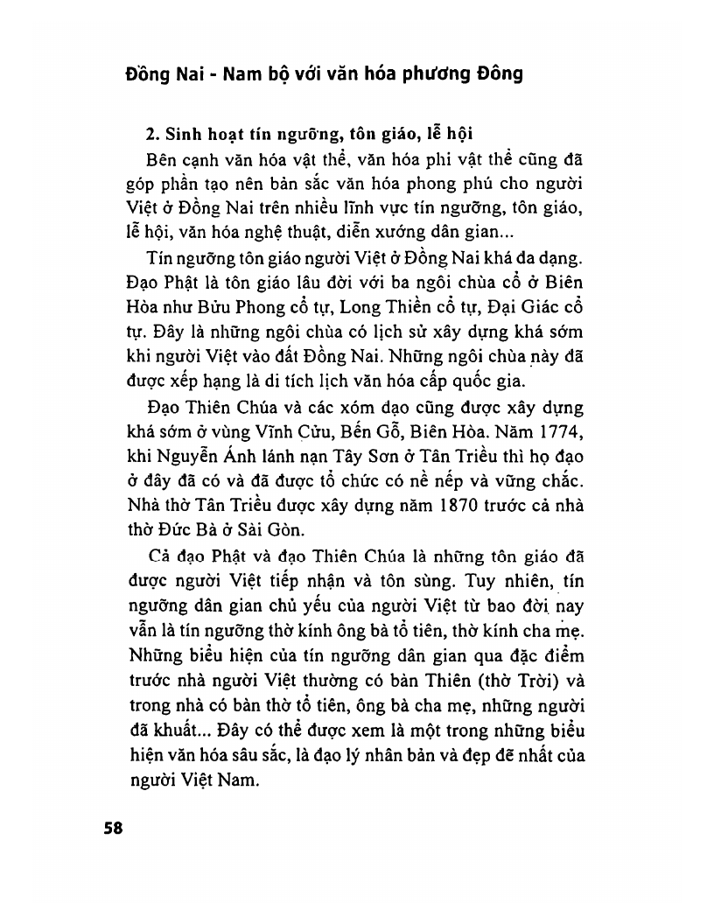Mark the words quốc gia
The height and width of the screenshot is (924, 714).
point(491,380)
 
